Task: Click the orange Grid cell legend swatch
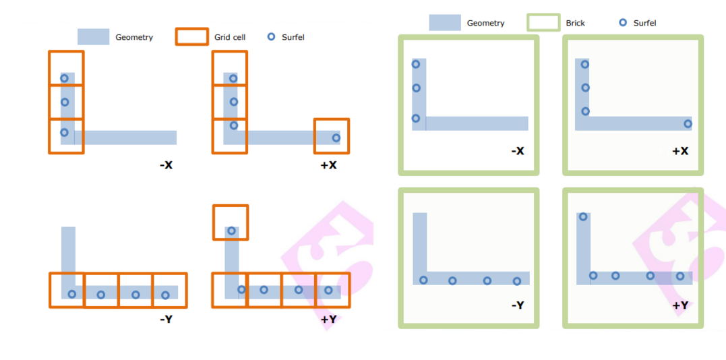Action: (x=191, y=36)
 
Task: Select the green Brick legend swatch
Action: (x=543, y=23)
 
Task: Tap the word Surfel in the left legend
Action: (x=293, y=37)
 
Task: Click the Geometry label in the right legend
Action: (x=485, y=23)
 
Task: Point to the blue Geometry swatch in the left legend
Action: (x=93, y=36)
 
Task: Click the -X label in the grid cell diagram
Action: (x=166, y=164)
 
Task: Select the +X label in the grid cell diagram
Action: (x=328, y=164)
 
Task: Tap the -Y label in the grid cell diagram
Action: (x=166, y=319)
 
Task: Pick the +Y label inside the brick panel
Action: (x=680, y=305)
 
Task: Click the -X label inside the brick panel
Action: (x=517, y=150)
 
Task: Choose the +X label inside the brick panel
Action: (x=680, y=150)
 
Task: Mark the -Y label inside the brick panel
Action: (x=517, y=305)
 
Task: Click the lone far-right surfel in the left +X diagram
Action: (x=336, y=138)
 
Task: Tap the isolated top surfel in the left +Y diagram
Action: (x=231, y=231)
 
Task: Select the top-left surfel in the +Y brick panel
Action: (x=583, y=216)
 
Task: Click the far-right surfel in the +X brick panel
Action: (x=688, y=124)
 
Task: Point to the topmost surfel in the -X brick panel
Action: (x=416, y=64)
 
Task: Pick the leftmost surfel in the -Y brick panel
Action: (x=423, y=280)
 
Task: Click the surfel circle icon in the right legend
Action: (x=623, y=23)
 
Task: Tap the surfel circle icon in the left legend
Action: (x=271, y=36)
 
